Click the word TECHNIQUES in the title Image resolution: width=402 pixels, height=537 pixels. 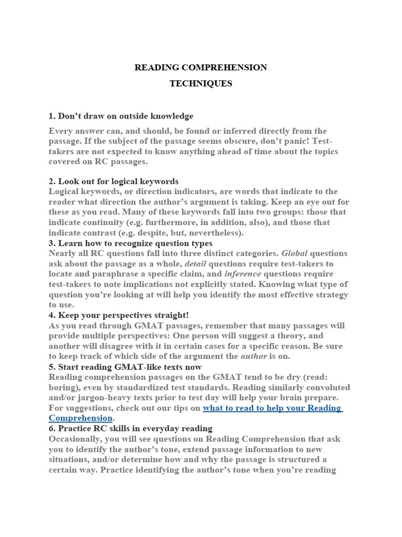click(x=201, y=83)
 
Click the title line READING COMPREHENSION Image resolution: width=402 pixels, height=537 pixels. click(x=201, y=67)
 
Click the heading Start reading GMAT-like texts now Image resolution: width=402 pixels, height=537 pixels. click(x=125, y=367)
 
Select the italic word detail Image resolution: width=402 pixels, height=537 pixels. click(x=196, y=263)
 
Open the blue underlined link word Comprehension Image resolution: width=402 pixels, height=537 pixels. click(x=81, y=418)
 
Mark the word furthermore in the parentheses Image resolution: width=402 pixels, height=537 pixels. click(x=155, y=222)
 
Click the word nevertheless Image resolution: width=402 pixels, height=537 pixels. click(x=211, y=233)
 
